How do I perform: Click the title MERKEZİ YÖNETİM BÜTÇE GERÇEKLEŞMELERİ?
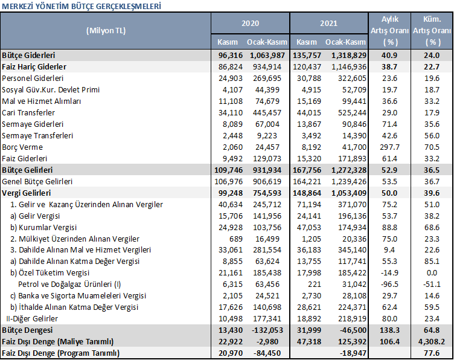82,6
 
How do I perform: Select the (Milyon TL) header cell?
106,31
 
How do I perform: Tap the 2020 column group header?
250,23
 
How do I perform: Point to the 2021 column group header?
328,23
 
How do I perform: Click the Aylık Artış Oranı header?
390,30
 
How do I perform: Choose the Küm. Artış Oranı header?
432,30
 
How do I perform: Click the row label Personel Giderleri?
33,78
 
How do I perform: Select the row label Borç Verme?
22,147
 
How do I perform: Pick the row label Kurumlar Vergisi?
43,227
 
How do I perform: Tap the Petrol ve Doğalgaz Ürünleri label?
69,284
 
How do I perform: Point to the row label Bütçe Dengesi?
27,330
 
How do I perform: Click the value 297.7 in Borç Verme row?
390,147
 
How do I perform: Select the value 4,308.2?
432,342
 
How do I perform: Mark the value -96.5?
390,284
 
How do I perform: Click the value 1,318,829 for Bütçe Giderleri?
349,56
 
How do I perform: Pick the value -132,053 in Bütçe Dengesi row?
267,330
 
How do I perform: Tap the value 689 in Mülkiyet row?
235,239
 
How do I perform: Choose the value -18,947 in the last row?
353,353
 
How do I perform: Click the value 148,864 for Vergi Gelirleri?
307,193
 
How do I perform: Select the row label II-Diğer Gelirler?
32,318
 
